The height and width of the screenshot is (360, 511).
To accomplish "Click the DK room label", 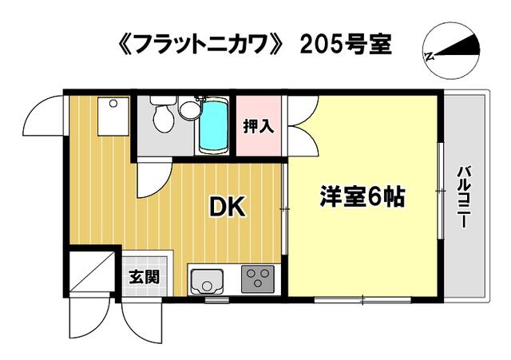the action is coord(227,208).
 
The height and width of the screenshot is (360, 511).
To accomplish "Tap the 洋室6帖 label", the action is coord(362,196).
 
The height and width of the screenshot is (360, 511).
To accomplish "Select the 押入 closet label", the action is coord(259,126).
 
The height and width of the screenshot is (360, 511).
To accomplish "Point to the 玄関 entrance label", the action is coord(144,277).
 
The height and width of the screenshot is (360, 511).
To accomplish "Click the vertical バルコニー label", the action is coord(464,197).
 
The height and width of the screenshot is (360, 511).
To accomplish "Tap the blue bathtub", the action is coord(213,126).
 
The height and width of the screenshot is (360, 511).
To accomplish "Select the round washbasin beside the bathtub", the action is coord(190,110).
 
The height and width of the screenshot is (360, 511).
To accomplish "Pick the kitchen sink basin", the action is coord(207,282).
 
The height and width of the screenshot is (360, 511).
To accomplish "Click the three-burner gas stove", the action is coord(257,279).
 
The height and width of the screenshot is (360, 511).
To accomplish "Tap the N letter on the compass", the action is coord(430,57).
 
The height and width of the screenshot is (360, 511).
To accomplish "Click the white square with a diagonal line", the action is coord(93,272).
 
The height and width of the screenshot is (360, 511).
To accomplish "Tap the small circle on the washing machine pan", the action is coord(113,104).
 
